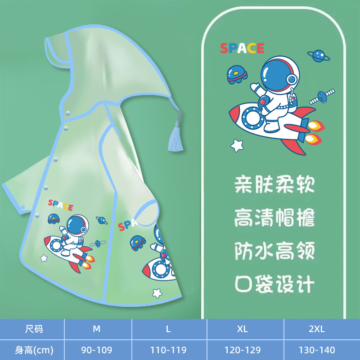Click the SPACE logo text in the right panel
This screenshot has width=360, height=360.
click(242, 48)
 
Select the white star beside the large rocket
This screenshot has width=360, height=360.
click(237, 145)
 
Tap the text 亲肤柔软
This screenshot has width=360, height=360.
click(274, 184)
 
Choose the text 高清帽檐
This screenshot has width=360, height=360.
click(274, 218)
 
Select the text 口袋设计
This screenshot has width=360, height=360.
click(274, 284)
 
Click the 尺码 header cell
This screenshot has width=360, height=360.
click(33, 329)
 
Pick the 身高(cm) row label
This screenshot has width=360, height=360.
click(33, 350)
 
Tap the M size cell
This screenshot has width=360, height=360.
click(97, 329)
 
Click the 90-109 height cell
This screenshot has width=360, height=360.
click(97, 350)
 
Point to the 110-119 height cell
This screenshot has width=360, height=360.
click(168, 350)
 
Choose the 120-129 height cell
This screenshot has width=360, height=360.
click(243, 350)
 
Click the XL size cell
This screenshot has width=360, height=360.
click(243, 329)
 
